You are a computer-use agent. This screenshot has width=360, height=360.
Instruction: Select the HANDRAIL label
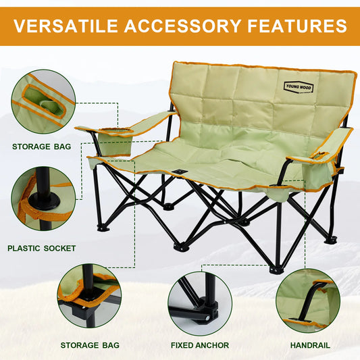[x=310, y=345]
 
